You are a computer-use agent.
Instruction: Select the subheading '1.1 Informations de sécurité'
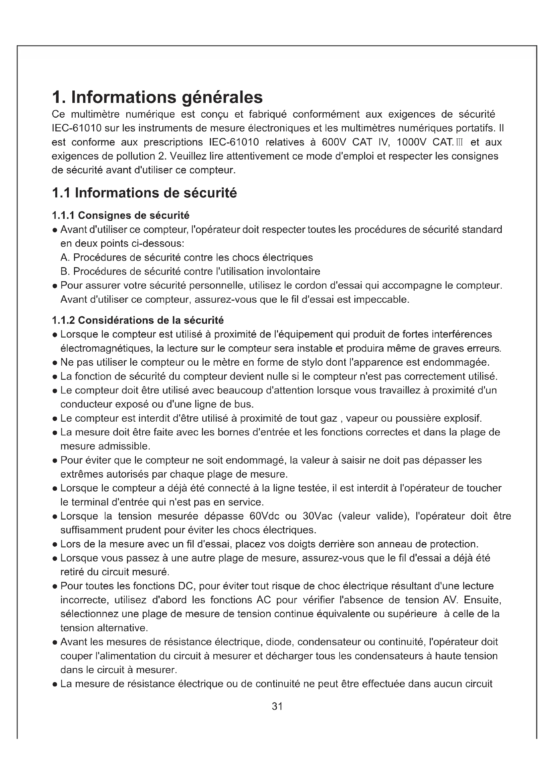click(x=144, y=193)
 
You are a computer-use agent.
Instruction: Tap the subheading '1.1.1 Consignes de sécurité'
click(x=121, y=216)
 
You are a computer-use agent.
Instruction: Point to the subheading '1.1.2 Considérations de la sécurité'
click(x=138, y=320)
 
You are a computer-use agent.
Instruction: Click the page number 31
click(x=277, y=706)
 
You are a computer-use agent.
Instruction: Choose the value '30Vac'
click(x=317, y=516)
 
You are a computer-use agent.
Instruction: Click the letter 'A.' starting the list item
click(x=65, y=257)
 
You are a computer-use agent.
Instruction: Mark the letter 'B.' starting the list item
click(x=65, y=272)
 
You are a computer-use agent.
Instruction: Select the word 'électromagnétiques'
click(x=105, y=348)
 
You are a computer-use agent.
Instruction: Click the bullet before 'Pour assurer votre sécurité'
click(x=55, y=286)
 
